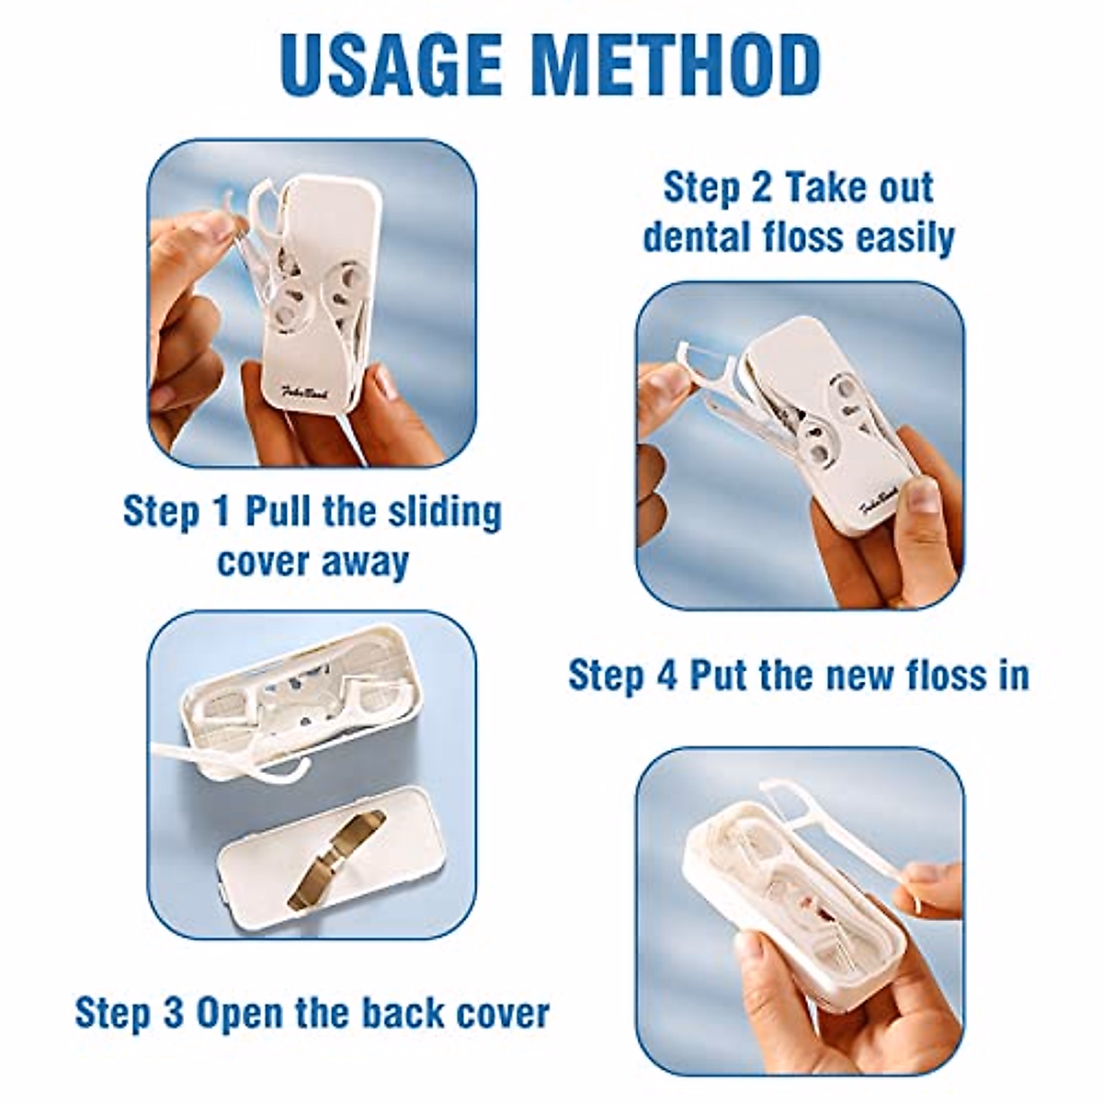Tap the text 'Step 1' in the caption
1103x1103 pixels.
176,512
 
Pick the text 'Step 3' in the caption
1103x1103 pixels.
129,1013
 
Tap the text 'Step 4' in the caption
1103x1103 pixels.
622,676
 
